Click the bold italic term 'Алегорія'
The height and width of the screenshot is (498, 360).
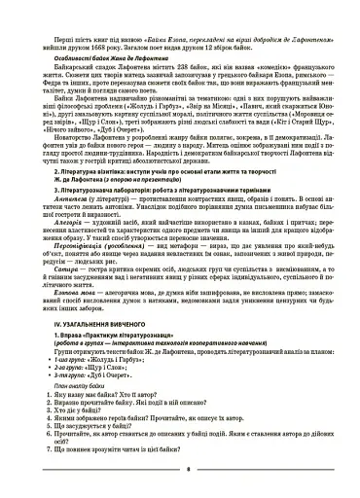[x=67, y=249]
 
